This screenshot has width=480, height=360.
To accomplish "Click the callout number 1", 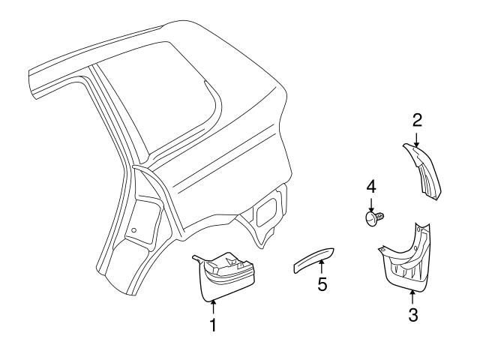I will tap(212, 325).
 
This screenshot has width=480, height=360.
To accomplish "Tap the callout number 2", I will tap(417, 119).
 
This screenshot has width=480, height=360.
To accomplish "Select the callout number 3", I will tap(412, 315).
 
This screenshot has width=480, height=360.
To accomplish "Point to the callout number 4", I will tap(370, 185).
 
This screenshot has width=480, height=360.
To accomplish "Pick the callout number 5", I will tap(321, 285).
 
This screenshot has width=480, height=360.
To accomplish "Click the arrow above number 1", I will tap(212, 306).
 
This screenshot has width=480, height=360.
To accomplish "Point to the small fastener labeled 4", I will tap(372, 217).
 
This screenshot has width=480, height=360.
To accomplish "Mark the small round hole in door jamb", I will tap(133, 229).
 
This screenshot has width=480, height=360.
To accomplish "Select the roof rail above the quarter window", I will tap(112, 56).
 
